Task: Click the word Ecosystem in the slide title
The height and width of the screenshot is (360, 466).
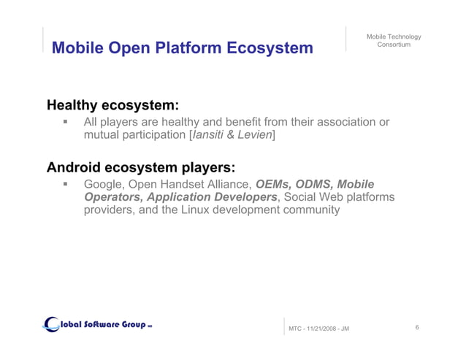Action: coord(269,48)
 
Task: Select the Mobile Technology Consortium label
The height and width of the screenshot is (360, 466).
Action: coord(394,41)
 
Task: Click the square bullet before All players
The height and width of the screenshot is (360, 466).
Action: coord(65,122)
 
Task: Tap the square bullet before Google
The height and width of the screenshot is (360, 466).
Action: coord(65,184)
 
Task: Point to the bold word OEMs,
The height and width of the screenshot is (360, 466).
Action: coord(273,183)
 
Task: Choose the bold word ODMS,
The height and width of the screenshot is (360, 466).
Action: coord(315,183)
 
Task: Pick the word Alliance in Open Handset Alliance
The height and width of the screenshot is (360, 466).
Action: coord(229,183)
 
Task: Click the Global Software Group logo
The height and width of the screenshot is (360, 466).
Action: coord(98,323)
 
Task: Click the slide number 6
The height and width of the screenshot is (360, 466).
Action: coord(416,328)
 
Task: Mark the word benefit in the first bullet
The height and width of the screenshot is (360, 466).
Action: coord(242,122)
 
